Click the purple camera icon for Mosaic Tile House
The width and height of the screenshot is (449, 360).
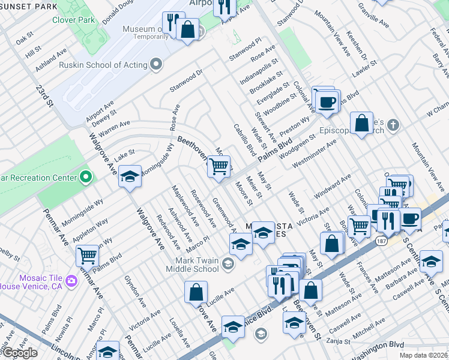71,280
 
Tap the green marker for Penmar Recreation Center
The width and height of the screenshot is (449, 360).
86,177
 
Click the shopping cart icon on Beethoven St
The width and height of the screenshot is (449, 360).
219,166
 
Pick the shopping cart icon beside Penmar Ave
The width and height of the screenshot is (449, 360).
88,255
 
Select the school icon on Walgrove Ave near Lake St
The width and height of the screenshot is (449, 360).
130,176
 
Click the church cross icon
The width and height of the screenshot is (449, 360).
393,124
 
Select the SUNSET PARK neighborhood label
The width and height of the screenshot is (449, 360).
29,6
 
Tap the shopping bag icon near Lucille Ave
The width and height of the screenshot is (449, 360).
196,292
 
